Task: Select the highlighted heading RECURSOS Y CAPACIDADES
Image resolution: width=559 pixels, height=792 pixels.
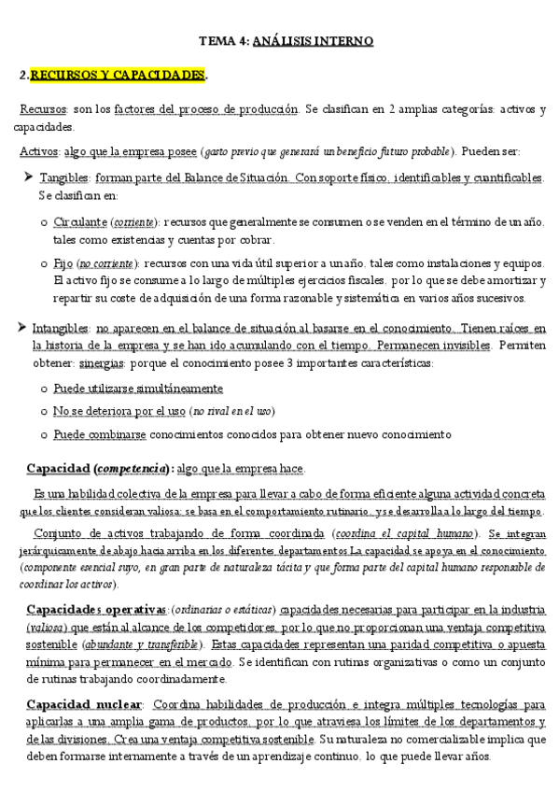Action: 118,75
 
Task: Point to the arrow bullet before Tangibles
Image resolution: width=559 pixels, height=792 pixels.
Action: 27,177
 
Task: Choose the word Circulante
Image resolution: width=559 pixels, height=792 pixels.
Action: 80,221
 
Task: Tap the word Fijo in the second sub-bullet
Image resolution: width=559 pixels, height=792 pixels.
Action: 63,264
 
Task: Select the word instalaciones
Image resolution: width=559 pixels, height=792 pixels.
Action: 433,264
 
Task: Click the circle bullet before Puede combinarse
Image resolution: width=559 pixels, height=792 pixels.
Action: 44,435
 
